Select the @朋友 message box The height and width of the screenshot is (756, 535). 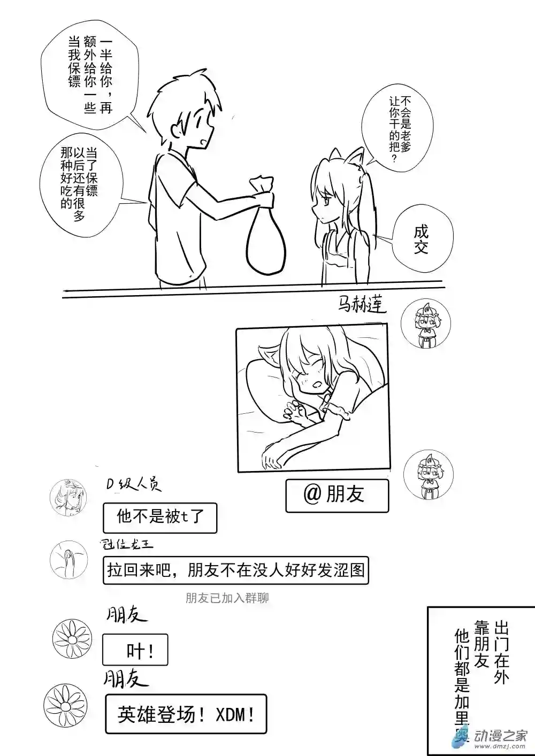click(x=337, y=495)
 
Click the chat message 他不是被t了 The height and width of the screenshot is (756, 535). click(x=159, y=517)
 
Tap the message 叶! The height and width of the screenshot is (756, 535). click(x=135, y=650)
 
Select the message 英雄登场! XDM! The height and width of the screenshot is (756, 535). click(x=185, y=714)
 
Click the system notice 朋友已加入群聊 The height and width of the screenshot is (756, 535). click(x=227, y=598)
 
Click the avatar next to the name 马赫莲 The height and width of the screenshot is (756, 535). click(x=425, y=323)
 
